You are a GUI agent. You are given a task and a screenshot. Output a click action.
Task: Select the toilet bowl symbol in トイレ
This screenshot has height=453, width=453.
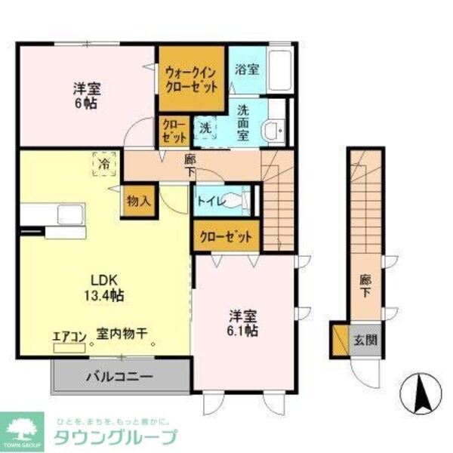point(238,202)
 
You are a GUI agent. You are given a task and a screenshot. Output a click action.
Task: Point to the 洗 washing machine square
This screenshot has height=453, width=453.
point(205,128)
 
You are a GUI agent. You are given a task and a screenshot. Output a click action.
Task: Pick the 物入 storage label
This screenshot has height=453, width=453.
point(139,201)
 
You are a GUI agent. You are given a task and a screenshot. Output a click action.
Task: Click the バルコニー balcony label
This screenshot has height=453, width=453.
point(119,375)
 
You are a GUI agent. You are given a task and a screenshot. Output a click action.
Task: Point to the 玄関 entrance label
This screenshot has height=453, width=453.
point(364,339)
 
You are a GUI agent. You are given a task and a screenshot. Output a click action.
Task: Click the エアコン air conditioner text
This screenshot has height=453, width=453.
point(70,336)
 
